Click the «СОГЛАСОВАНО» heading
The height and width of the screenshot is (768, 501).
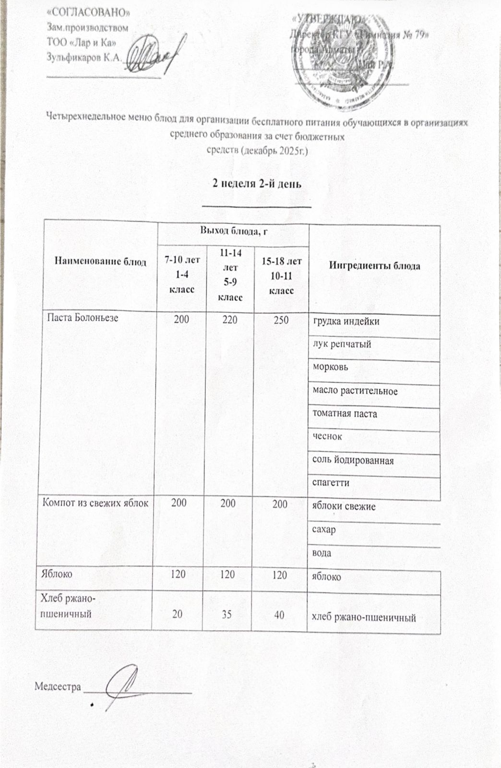89,12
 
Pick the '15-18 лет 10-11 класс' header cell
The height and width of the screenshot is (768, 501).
282,276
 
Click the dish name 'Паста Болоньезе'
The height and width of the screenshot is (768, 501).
82,317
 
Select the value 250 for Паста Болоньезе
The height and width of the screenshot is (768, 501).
281,319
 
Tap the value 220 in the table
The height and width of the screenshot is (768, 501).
230,319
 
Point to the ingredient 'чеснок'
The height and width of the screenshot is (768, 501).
327,437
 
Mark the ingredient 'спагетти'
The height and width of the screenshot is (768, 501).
331,483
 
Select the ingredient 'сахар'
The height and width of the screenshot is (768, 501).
324,529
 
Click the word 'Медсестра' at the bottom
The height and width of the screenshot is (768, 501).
58,687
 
